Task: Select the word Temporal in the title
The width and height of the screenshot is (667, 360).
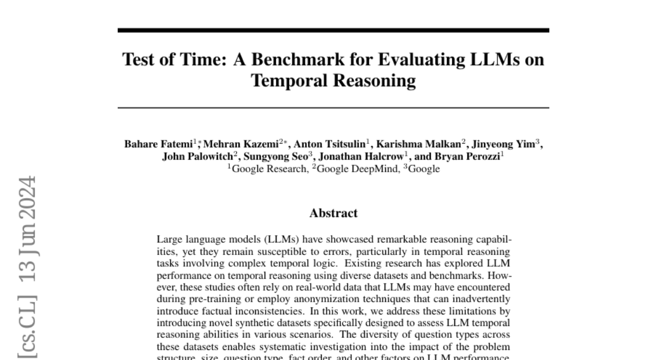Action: point(290,81)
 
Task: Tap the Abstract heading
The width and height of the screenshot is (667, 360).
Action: point(333,213)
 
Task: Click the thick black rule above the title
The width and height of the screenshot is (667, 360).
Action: point(333,31)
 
